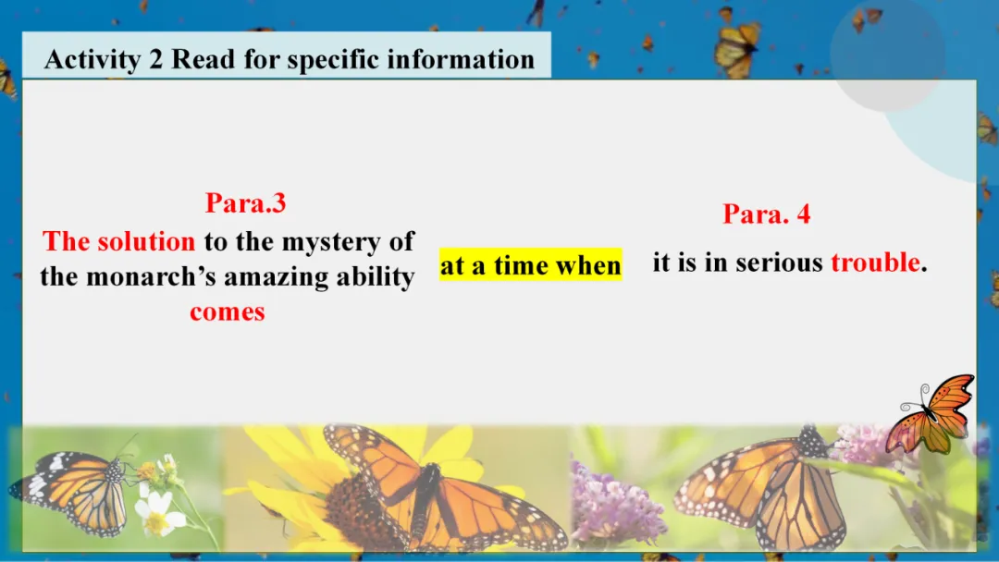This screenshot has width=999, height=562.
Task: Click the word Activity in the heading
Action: pyautogui.click(x=92, y=60)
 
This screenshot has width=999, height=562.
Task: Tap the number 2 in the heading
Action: pyautogui.click(x=156, y=59)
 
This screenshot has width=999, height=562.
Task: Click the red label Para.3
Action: pyautogui.click(x=245, y=203)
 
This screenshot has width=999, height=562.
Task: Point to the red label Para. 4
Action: pyautogui.click(x=767, y=214)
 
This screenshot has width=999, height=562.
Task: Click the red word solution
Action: pyautogui.click(x=146, y=242)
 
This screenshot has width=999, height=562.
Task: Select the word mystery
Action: pyautogui.click(x=331, y=242)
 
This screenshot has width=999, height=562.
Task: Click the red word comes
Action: pyautogui.click(x=228, y=312)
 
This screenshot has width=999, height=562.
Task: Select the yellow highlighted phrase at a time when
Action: pyautogui.click(x=531, y=264)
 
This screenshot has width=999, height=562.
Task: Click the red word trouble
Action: pyautogui.click(x=876, y=263)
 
